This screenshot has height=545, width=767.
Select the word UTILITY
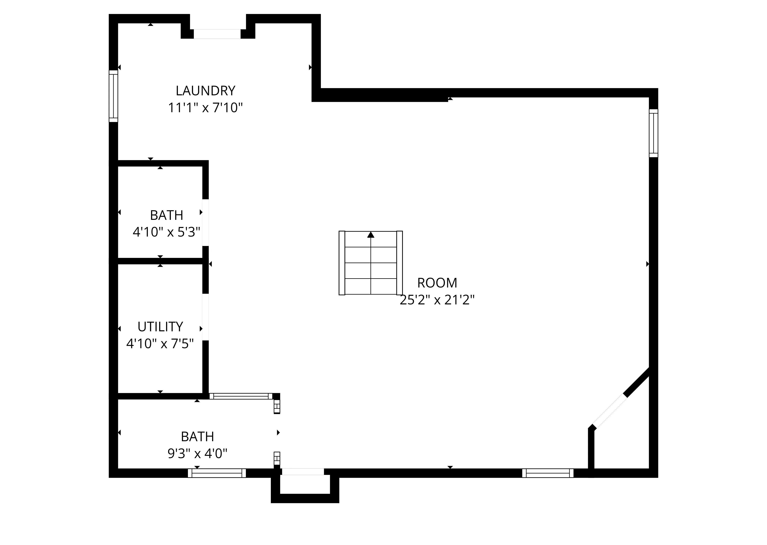[160, 327]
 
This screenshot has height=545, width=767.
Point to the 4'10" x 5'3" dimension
[167, 232]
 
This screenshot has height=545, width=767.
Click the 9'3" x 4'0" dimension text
[198, 454]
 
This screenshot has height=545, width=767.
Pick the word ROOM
[437, 283]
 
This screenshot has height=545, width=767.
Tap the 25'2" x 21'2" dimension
[437, 300]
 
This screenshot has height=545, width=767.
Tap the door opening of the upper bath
[206, 223]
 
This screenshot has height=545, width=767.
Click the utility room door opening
[206, 317]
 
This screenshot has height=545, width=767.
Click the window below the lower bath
[217, 473]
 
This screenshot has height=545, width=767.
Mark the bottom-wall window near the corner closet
[548, 473]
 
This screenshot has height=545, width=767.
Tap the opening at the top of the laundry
[217, 34]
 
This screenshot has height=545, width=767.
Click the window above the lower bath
[241, 396]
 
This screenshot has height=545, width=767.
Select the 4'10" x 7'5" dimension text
[160, 344]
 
